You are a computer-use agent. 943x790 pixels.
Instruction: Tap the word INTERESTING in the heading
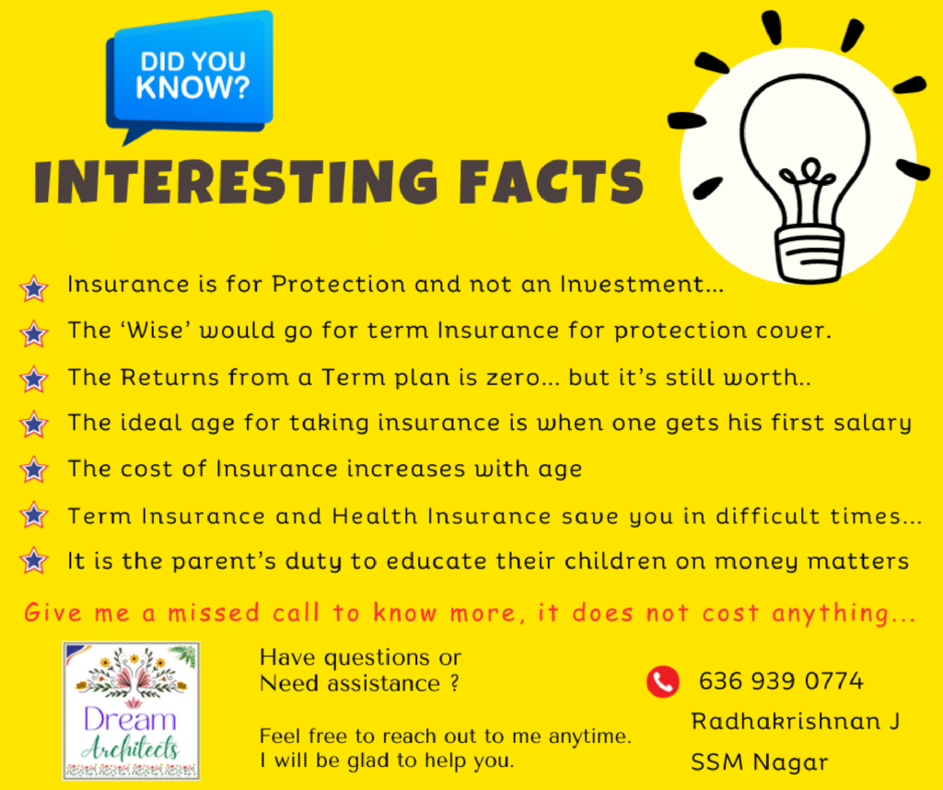236,181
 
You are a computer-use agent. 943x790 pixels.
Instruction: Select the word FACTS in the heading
551,181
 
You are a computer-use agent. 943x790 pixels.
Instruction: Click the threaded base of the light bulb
809,252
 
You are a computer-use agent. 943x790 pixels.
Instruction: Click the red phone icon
663,681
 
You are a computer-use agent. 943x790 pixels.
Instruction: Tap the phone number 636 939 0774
781,681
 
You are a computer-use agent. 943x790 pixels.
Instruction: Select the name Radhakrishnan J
795,721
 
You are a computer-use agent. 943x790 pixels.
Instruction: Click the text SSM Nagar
760,762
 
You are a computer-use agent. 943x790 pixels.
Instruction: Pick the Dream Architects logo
131,711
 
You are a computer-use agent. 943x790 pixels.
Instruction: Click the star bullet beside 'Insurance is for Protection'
34,288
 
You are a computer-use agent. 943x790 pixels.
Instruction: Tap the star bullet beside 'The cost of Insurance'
34,470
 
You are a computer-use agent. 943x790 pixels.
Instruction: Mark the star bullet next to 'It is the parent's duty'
34,561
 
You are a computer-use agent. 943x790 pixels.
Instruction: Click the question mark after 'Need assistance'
455,683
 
